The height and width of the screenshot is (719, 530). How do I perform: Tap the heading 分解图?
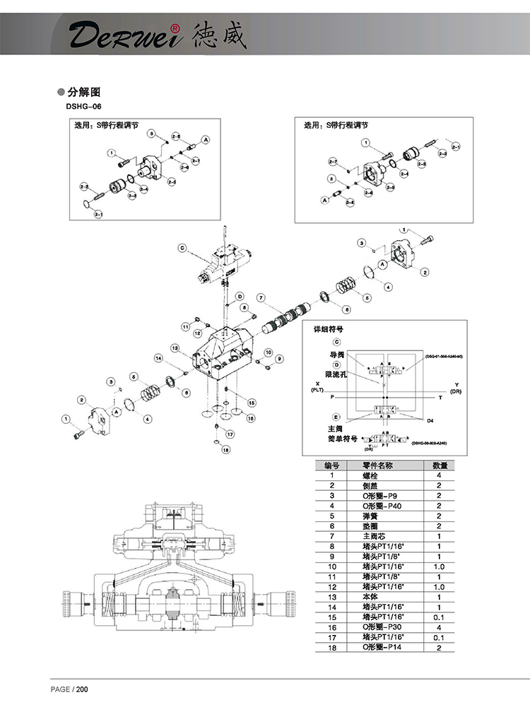(85, 92)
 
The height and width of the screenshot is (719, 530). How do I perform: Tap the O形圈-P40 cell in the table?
(381, 506)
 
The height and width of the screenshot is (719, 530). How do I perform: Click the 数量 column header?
(438, 465)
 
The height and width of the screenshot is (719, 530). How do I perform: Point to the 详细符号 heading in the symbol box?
(330, 329)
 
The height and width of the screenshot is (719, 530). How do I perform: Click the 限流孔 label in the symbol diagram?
(337, 374)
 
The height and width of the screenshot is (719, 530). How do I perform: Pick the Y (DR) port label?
(455, 388)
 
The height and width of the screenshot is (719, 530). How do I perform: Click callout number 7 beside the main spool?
(261, 297)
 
